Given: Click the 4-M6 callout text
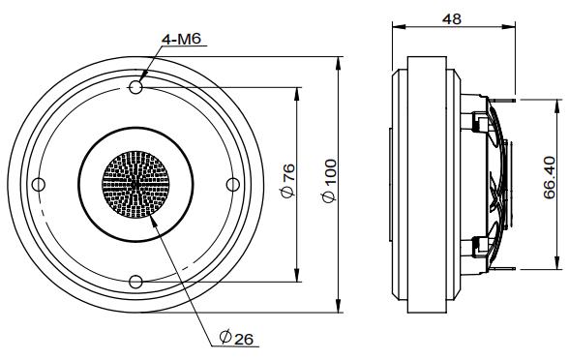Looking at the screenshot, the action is pyautogui.click(x=181, y=39).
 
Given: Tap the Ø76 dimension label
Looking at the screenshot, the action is pyautogui.click(x=288, y=181).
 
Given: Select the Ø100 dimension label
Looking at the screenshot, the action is pyautogui.click(x=329, y=181).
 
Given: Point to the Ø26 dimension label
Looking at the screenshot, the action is pyautogui.click(x=236, y=338).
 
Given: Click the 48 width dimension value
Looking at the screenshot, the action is pyautogui.click(x=452, y=19).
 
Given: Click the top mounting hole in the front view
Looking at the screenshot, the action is pyautogui.click(x=135, y=87).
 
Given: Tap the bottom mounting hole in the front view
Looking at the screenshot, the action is pyautogui.click(x=135, y=282).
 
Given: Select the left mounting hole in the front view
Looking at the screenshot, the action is pyautogui.click(x=39, y=184).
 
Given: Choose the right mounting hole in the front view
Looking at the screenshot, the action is pyautogui.click(x=232, y=184).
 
